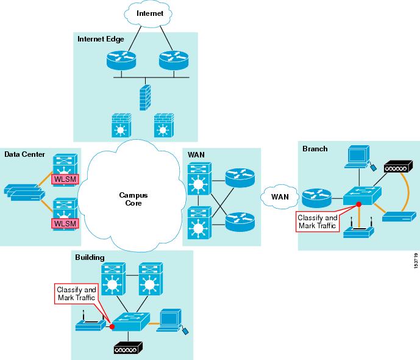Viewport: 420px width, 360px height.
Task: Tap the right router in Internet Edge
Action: point(172,60)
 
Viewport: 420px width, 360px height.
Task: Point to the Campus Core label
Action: point(130,199)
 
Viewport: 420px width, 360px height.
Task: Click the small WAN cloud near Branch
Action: point(280,197)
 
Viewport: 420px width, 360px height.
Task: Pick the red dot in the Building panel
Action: point(112,326)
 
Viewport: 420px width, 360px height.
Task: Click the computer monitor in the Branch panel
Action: point(356,155)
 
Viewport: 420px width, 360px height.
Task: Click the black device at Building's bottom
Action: point(127,348)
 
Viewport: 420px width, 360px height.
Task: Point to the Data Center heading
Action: point(24,154)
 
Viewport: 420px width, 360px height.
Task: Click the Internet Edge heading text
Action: point(101,39)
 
